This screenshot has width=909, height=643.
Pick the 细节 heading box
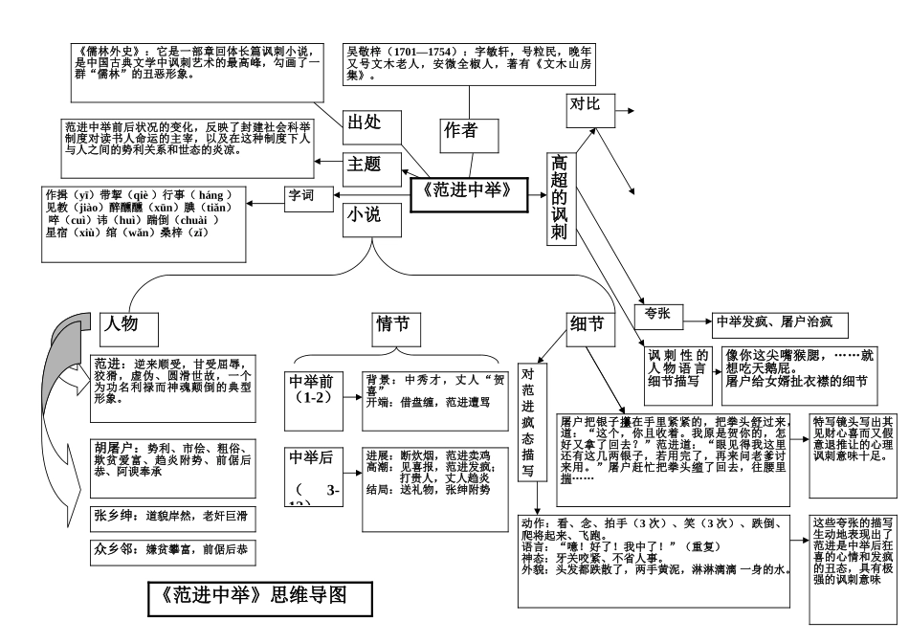click(x=587, y=325)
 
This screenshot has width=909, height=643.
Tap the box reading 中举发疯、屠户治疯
click(x=778, y=323)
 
